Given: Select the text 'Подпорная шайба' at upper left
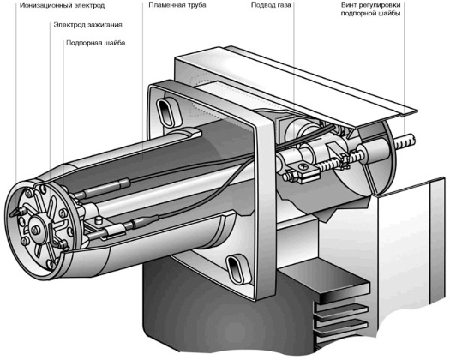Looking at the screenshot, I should click(x=94, y=43).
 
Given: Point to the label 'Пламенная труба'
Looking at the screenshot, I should click(x=169, y=6).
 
